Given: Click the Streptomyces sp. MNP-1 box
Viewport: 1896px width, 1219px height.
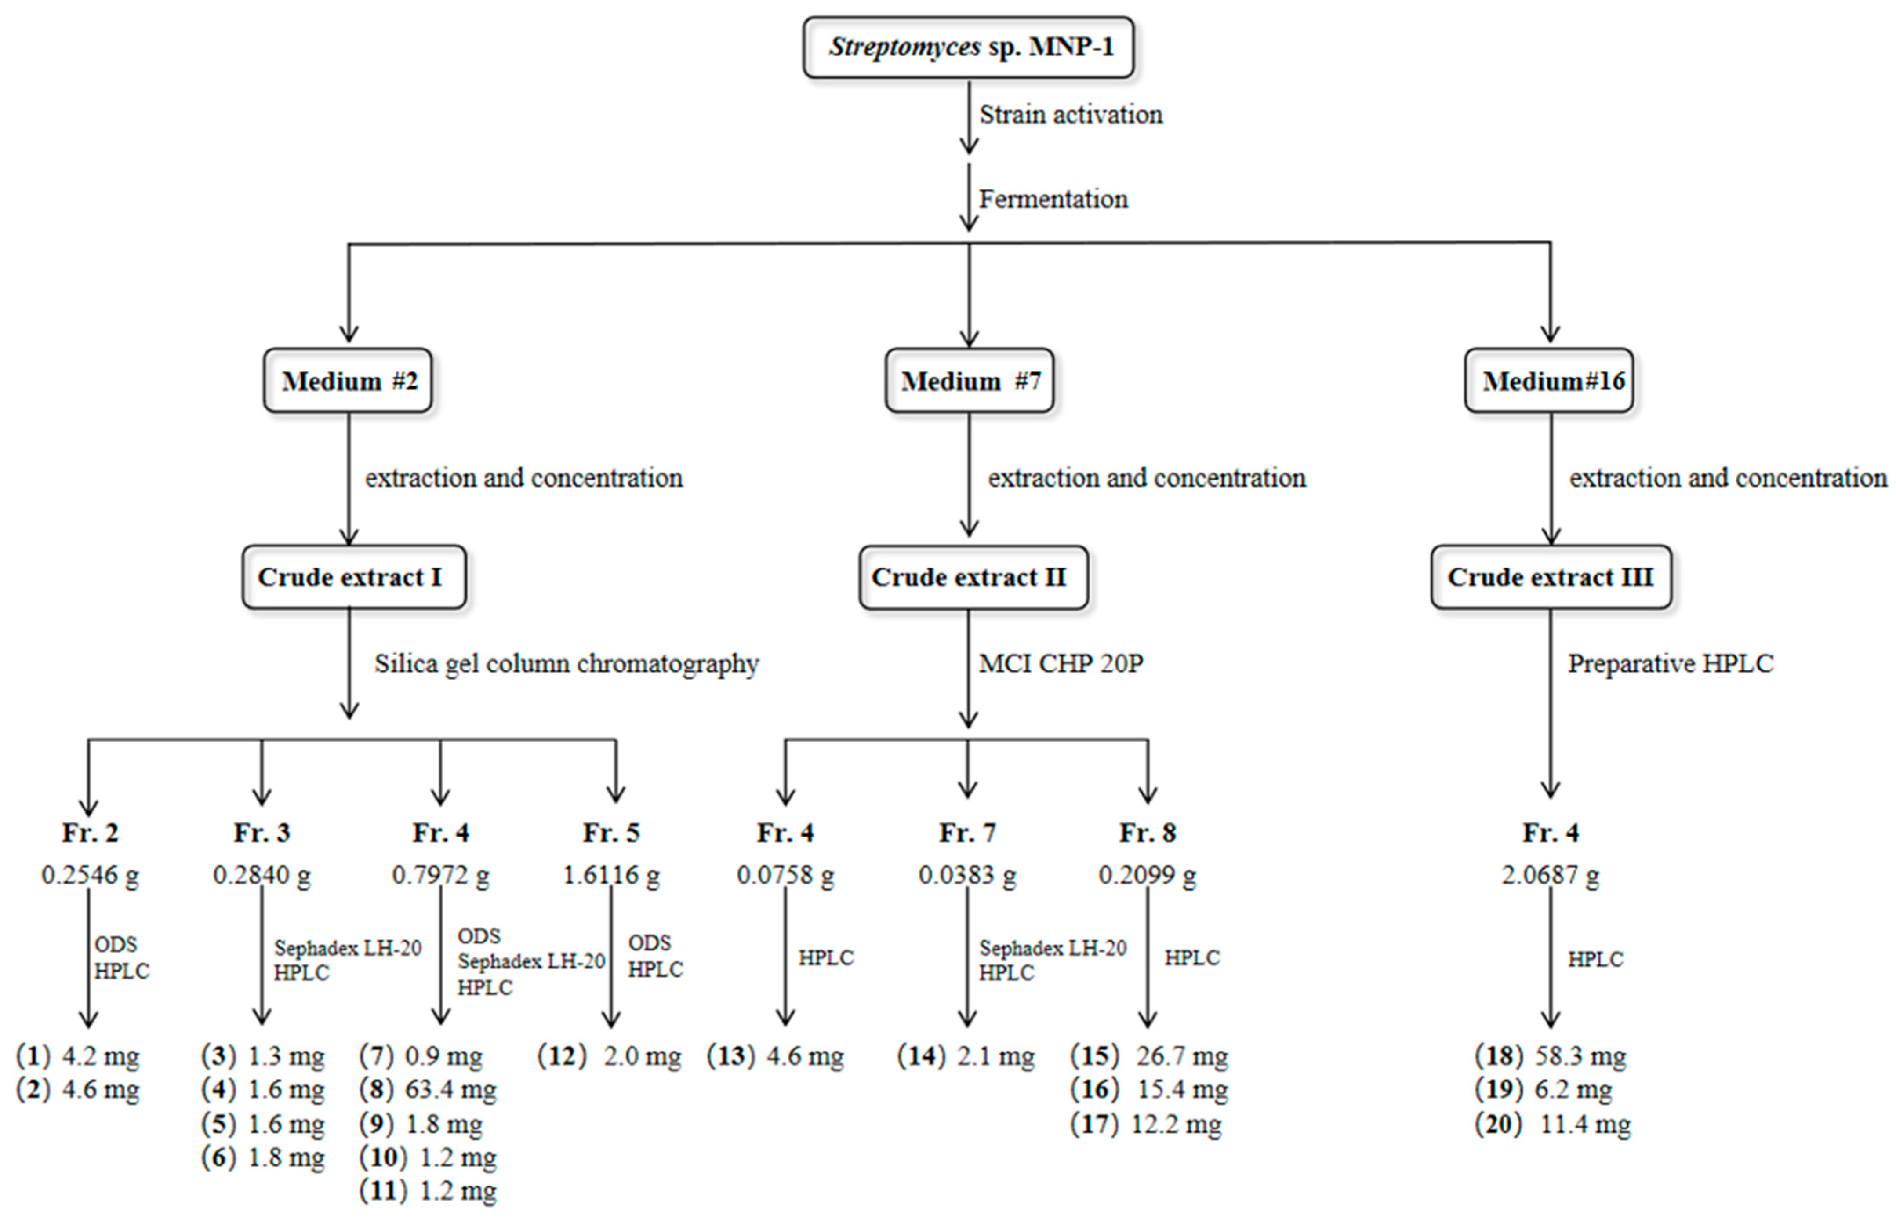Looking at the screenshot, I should [969, 47].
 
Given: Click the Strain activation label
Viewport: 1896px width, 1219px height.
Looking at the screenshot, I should [1071, 115].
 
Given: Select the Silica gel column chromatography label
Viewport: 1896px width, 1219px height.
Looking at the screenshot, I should [567, 663].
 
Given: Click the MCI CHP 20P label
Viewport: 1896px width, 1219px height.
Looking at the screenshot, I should [1061, 663].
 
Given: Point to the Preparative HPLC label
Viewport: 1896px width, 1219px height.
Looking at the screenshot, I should [1671, 663].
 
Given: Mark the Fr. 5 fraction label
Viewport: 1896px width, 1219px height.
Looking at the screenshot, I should [611, 833].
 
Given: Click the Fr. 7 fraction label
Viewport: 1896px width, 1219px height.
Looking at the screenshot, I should [967, 833].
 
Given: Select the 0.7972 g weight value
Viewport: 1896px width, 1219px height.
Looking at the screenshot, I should [441, 876].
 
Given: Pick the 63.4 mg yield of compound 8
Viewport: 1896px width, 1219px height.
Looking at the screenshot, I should [450, 1090].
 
